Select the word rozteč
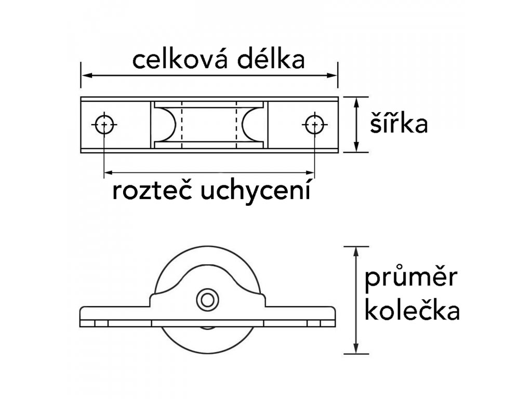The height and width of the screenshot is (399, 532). tap(150, 191)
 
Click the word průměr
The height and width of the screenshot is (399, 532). tap(410, 281)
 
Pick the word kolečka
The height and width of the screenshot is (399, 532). tap(413, 312)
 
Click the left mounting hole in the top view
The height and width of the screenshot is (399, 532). tap(105, 125)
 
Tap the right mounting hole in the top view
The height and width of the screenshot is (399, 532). tap(314, 125)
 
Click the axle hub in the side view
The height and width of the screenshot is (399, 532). tap(207, 300)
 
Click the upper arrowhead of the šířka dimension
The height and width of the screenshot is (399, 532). tap(356, 101)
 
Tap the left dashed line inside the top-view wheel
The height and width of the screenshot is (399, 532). tap(182, 125)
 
